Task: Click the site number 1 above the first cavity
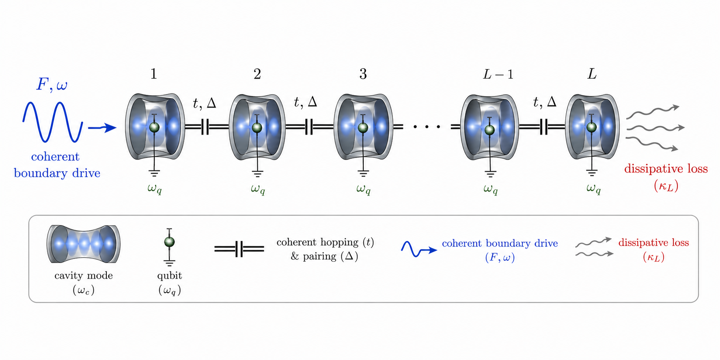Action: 153,74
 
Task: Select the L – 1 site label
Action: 498,74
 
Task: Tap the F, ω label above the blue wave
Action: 52,85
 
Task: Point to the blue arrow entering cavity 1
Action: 102,127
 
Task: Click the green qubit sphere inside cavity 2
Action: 257,127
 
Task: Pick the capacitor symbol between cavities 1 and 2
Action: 205,127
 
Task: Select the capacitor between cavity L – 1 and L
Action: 544,127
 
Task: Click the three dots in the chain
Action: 427,127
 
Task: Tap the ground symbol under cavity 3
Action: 363,174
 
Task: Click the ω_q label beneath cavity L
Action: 593,189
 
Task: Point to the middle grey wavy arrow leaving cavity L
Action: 655,128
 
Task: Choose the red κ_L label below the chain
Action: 666,186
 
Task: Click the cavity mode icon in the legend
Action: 84,244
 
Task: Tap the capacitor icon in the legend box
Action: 239,249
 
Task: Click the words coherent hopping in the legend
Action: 317,242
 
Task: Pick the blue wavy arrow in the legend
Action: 418,249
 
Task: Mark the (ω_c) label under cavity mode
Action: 84,290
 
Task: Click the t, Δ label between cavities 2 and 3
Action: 306,102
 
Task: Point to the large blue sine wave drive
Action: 53,122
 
